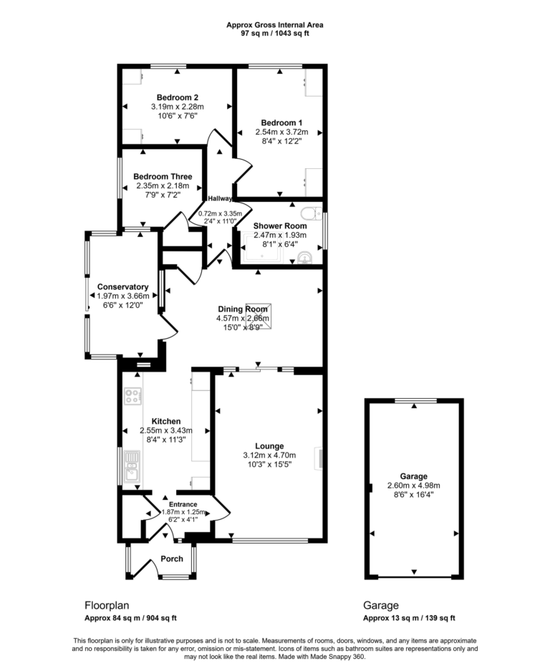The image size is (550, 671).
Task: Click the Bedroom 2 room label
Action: click(x=176, y=97)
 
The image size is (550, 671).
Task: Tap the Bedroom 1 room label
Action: click(x=281, y=122)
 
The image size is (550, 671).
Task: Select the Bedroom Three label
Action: click(x=161, y=177)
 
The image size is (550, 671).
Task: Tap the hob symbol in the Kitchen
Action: click(x=132, y=396)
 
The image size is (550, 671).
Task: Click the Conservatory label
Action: click(x=122, y=286)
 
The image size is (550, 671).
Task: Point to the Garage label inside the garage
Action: click(x=414, y=476)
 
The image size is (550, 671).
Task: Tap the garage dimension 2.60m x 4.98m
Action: click(x=414, y=485)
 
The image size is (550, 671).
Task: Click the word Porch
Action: click(x=172, y=559)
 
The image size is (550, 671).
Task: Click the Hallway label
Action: click(x=221, y=198)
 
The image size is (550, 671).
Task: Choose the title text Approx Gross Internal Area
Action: click(x=275, y=24)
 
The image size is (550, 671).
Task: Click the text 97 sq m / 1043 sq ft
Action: click(x=275, y=33)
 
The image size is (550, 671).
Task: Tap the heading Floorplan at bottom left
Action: click(x=107, y=604)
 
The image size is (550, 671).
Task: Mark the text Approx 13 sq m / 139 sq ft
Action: click(x=409, y=618)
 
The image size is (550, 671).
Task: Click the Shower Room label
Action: click(x=281, y=226)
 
